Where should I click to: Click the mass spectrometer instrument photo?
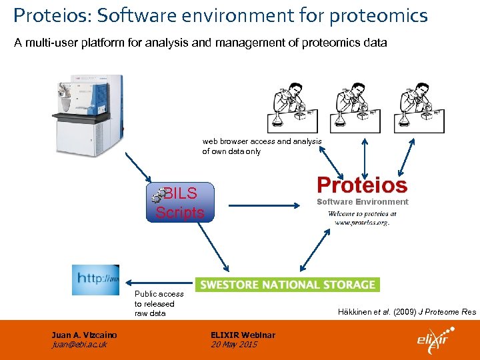(x=89, y=113)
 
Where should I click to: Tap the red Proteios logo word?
(x=361, y=185)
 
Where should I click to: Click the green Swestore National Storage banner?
(x=287, y=285)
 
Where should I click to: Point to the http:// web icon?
(x=96, y=279)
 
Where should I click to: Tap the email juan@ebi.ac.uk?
(x=79, y=345)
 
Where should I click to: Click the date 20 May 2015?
(x=233, y=345)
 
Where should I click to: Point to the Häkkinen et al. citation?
(x=407, y=312)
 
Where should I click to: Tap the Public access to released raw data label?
(x=159, y=303)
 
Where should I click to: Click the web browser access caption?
(x=261, y=146)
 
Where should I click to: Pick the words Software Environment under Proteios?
(x=362, y=201)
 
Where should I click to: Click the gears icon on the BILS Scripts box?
(x=159, y=196)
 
